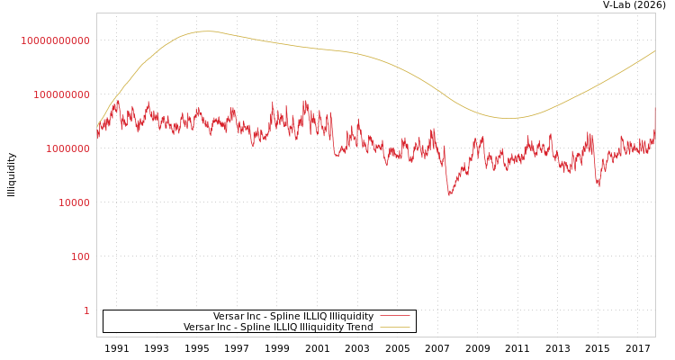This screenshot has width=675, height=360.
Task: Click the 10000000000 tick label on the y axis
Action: coord(56,40)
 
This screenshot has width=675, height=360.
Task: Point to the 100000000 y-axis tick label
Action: coord(61,94)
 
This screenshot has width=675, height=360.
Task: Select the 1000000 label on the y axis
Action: coord(67,148)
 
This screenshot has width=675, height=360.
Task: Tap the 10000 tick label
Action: coord(73,202)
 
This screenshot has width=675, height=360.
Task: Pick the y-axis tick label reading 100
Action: coord(80,256)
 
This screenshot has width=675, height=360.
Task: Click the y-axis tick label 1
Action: coord(86,310)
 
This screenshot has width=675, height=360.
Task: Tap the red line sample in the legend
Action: coord(394,316)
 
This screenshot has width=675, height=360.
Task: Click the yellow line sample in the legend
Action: coord(394,327)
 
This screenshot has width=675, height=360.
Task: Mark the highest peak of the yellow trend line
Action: coord(206,31)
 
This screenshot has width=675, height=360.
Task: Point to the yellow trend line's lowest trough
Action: coord(508,118)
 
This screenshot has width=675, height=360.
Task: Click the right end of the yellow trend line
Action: coord(654,51)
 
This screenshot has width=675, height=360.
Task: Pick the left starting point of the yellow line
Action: coord(97,126)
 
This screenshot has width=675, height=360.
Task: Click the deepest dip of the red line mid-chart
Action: coord(450,193)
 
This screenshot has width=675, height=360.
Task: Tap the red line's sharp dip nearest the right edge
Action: coord(598,184)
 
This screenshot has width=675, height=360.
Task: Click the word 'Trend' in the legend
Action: coord(359,327)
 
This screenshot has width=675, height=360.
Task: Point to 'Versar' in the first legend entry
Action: coord(229,316)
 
